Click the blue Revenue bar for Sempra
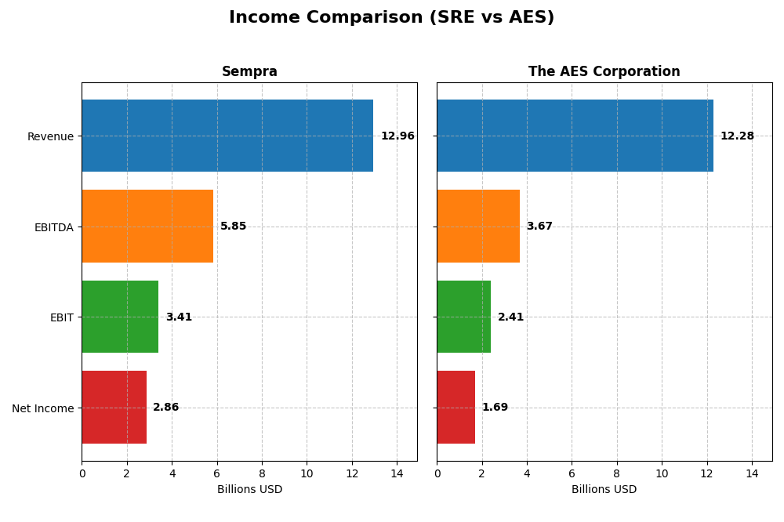coord(227,136)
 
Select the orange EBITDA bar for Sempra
coord(147,227)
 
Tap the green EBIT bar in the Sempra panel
coord(120,317)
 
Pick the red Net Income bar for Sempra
coord(114,408)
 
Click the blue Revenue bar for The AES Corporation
coord(575,136)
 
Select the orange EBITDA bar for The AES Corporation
coord(478,227)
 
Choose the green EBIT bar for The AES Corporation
coord(464,317)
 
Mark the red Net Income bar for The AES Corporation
coord(456,408)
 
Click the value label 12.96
coord(397,136)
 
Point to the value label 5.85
coord(233,227)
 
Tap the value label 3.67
coord(539,227)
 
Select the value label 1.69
coord(495,408)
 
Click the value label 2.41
coord(510,317)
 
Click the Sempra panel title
coord(249,72)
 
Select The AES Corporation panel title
coord(604,72)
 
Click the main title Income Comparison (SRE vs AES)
coord(391,18)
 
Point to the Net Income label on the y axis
coord(42,408)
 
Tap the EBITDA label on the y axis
coord(53,227)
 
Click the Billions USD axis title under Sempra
coord(249,490)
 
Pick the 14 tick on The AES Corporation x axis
coord(752,473)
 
